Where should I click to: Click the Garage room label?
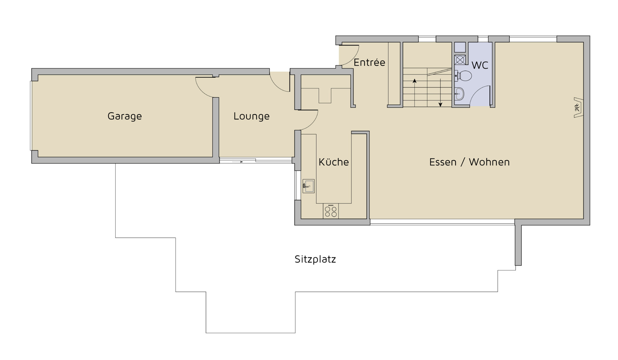pyautogui.click(x=125, y=116)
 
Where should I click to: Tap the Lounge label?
pyautogui.click(x=251, y=116)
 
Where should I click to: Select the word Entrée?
pyautogui.click(x=369, y=62)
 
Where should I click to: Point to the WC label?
pyautogui.click(x=480, y=65)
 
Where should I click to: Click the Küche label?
pyautogui.click(x=333, y=162)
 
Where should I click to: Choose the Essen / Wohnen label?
pyautogui.click(x=469, y=162)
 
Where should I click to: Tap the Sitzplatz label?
pyautogui.click(x=315, y=259)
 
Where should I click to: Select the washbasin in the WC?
pyautogui.click(x=459, y=94)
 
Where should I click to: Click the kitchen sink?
pyautogui.click(x=308, y=186)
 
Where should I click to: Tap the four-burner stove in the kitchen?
pyautogui.click(x=331, y=211)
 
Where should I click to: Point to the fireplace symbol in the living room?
pyautogui.click(x=578, y=108)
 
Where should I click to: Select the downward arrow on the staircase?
pyautogui.click(x=440, y=93)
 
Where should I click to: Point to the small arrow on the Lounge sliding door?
pyautogui.click(x=238, y=162)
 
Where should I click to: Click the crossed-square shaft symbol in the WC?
pyautogui.click(x=460, y=60)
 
